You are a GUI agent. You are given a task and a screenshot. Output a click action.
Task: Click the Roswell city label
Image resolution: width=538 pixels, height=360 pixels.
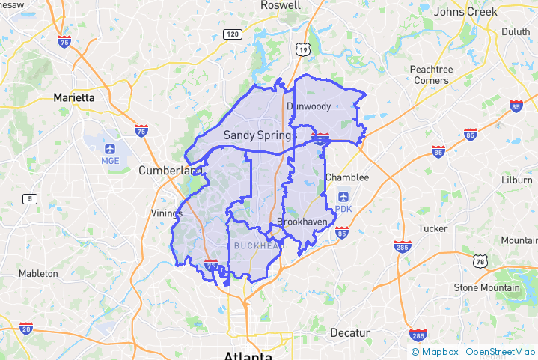pos(280,5)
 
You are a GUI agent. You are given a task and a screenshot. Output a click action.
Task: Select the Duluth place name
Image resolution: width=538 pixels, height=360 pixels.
pos(515,31)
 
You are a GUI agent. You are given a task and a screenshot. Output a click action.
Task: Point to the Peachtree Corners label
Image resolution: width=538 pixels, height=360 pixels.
pos(432,74)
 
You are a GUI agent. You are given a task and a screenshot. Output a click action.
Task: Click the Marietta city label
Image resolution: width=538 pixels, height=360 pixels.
pos(74,97)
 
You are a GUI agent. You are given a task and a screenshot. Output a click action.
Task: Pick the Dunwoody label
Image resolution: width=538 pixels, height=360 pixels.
pos(308,106)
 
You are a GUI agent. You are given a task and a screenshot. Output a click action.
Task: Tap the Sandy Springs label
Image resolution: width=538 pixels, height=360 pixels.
pos(260,135)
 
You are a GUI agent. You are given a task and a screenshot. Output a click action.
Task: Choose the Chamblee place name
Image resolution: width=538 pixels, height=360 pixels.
pos(347,177)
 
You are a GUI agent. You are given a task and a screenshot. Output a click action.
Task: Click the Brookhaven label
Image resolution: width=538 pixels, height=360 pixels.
pos(299,222)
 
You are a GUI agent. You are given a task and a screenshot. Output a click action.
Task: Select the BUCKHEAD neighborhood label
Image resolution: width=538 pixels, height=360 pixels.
pos(254,245)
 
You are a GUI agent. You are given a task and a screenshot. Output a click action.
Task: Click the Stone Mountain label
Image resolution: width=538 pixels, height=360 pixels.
pos(486,287)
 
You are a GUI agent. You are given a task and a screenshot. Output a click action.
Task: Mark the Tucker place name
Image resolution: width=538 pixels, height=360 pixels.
pos(432,228)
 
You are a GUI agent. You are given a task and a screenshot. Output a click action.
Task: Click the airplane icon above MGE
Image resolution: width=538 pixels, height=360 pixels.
pos(110,147)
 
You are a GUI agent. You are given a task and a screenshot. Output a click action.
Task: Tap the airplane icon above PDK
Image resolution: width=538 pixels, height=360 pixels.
pos(343,196)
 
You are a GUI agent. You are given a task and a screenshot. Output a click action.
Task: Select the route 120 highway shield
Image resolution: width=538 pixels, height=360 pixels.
pos(233,34)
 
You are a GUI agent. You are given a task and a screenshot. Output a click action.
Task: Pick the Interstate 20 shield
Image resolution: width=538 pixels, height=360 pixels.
pos(26,327)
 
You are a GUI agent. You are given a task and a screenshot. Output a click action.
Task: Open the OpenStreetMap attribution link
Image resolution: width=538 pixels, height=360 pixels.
pos(501,352)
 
